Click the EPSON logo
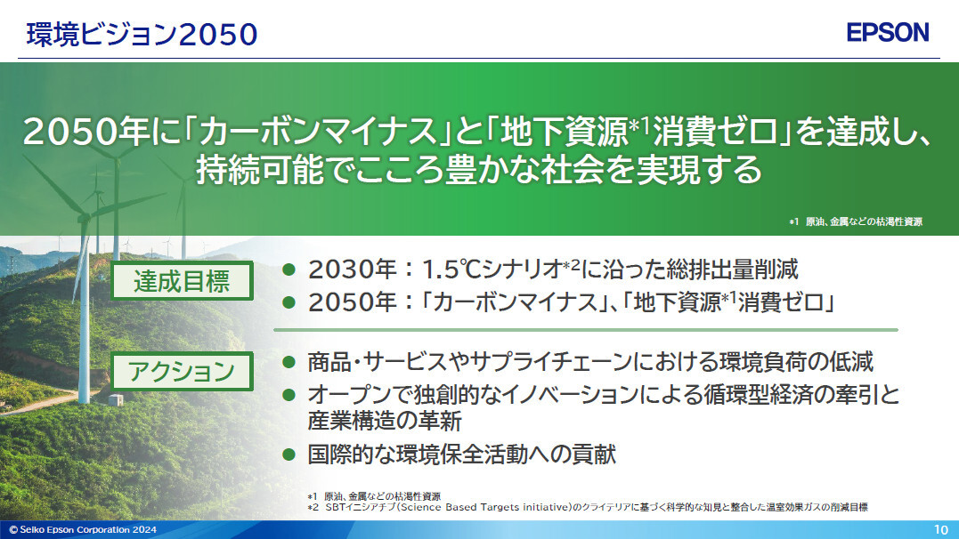(888, 32)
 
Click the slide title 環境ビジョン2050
(142, 34)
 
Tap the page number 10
(940, 530)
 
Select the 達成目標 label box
(182, 281)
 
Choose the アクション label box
(182, 371)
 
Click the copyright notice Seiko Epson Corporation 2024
(83, 530)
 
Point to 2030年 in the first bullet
(353, 269)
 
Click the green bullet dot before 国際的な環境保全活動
(289, 454)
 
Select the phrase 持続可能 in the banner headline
(260, 169)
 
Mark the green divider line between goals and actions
(586, 330)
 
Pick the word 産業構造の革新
(385, 421)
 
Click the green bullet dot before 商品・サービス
(289, 362)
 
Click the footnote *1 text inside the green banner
(856, 221)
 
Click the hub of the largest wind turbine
(84, 216)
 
